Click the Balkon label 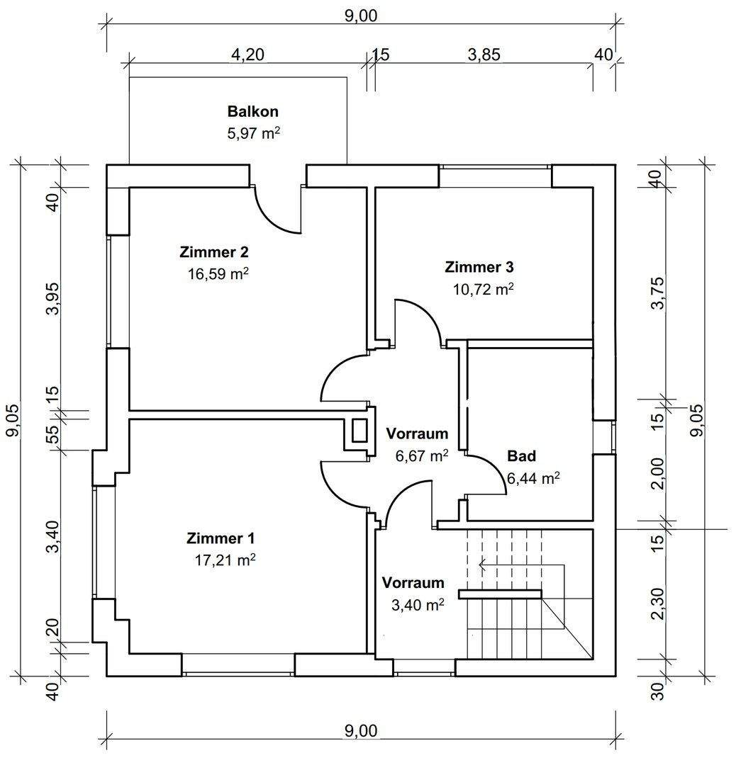[x=252, y=111]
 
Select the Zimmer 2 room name [x=213, y=252]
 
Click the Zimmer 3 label [x=479, y=267]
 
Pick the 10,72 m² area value [x=483, y=288]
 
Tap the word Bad [x=521, y=455]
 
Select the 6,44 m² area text [x=533, y=479]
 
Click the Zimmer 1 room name [x=221, y=538]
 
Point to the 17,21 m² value [x=225, y=560]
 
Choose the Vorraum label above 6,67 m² [x=417, y=433]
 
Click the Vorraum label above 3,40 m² [x=413, y=583]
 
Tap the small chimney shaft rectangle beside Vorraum [x=359, y=431]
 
